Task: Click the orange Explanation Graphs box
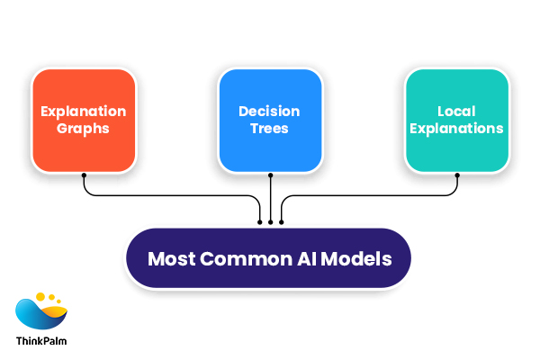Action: point(84,120)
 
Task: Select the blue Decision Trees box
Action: point(270,120)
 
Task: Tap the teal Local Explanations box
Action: point(456,120)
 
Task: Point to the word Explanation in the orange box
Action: point(84,112)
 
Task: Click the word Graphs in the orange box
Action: point(84,129)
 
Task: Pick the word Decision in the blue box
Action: point(270,112)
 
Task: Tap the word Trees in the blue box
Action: point(270,129)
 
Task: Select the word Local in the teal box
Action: point(456,112)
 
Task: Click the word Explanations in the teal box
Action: point(456,129)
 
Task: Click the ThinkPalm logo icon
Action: point(41,311)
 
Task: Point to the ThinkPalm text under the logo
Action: point(41,341)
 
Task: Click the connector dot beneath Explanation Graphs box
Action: point(84,176)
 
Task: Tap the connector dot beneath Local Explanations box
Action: point(456,176)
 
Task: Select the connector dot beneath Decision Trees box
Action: point(270,176)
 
